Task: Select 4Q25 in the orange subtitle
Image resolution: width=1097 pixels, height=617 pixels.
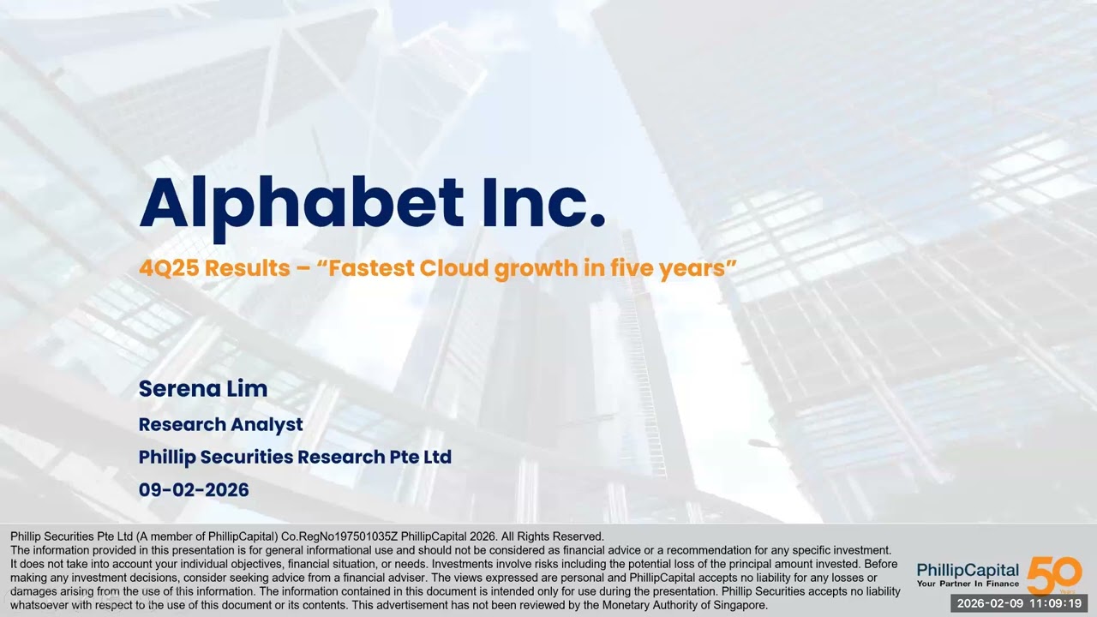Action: point(168,268)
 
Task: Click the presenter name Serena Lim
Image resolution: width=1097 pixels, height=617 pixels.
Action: point(203,388)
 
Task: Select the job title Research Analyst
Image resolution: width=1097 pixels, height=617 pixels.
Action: point(220,424)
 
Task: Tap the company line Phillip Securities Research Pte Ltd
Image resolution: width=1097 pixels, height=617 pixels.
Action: point(295,457)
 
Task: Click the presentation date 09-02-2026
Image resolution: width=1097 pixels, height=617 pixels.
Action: point(194,490)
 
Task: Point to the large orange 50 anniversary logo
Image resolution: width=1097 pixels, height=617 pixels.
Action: point(1054,574)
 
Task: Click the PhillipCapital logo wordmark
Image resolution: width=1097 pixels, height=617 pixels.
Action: point(968,570)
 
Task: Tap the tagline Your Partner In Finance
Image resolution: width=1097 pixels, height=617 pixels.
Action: point(968,584)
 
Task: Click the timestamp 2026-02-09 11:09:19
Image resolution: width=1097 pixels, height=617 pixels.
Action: point(1019,603)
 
